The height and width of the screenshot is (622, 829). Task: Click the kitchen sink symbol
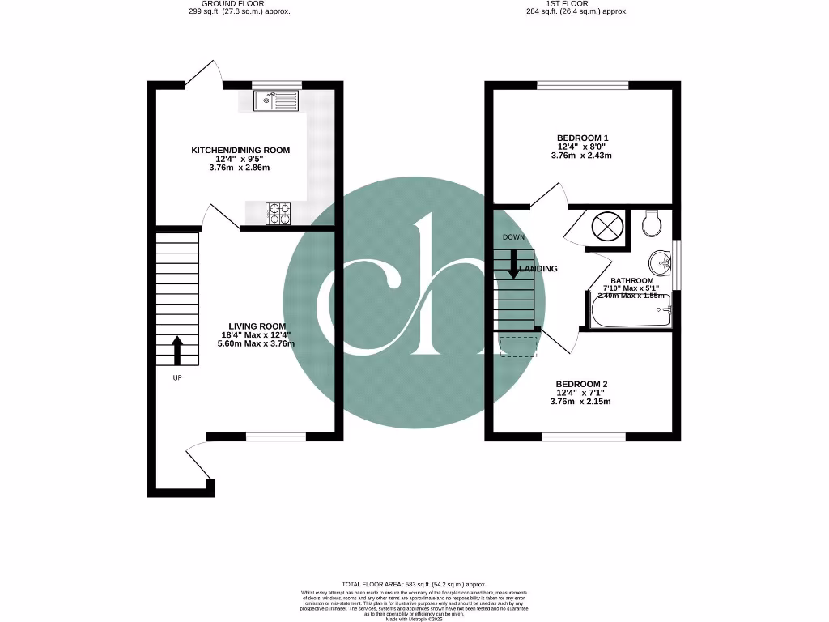pos(276,100)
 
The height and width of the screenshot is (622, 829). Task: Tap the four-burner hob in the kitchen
pos(279,212)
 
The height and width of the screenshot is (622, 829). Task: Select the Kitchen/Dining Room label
pos(240,151)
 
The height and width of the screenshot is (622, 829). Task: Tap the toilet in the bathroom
pos(653,223)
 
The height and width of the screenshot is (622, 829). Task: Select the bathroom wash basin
pos(661,262)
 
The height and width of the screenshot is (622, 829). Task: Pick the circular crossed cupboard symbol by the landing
pos(607,224)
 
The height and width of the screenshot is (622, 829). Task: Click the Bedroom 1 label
pos(582,138)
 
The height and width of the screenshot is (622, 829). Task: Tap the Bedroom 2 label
pos(580,384)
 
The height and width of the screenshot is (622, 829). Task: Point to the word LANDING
pos(538,268)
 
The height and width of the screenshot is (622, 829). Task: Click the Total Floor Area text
pos(414,584)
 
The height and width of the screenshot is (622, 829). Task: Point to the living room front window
pos(276,437)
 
